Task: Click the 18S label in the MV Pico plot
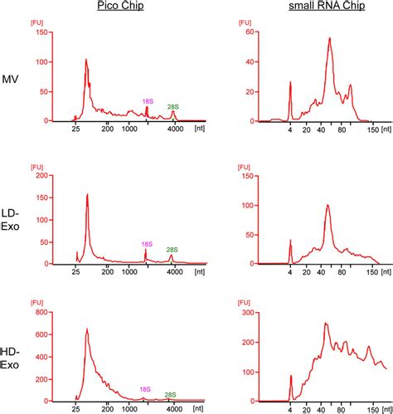click(147, 100)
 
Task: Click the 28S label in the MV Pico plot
click(172, 106)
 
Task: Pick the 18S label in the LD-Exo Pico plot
click(146, 244)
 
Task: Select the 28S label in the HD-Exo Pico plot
click(170, 395)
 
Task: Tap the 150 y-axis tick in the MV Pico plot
click(41, 32)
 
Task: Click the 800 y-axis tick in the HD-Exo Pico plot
click(41, 315)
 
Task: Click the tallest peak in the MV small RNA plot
click(330, 38)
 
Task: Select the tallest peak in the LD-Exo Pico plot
click(87, 195)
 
